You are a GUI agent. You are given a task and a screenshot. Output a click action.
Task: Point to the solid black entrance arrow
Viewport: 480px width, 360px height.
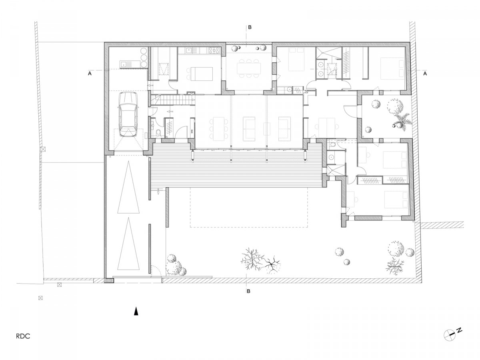point(136,312)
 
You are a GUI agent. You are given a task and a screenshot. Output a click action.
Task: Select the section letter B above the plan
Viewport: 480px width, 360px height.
point(250,27)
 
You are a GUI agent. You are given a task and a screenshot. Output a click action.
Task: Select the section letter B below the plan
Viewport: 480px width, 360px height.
point(248,291)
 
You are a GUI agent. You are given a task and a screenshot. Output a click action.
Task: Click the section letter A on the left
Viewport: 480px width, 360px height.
point(90,74)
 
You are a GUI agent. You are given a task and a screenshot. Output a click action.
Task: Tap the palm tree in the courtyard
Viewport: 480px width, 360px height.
point(401,120)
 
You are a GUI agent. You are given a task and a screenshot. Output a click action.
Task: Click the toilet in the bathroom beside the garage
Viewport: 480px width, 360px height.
point(158,132)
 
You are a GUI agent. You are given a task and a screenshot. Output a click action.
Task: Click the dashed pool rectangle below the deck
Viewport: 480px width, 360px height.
point(248,208)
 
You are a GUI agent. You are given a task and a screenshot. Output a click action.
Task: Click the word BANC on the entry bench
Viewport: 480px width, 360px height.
point(192,131)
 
